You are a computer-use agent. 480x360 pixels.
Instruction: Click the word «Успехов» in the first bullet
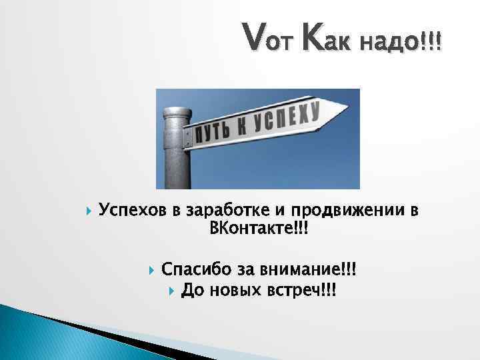[133, 211]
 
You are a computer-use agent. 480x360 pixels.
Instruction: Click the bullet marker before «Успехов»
[89, 212]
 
